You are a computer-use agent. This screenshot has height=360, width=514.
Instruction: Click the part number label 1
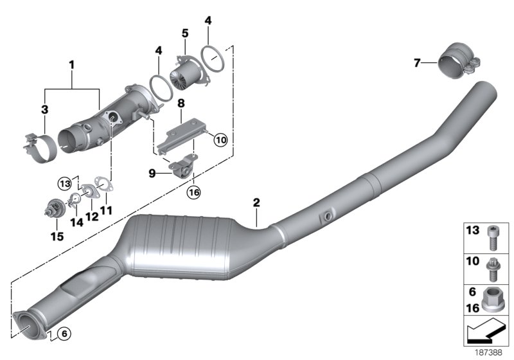tap(72, 65)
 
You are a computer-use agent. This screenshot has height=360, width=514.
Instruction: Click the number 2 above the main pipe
tap(256, 203)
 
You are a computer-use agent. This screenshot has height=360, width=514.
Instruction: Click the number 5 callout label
tap(184, 33)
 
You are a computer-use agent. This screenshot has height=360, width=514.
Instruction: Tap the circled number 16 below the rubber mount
tap(193, 191)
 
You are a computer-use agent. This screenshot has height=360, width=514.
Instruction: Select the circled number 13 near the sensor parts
tap(65, 183)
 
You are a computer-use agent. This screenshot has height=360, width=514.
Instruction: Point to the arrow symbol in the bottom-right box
tap(486, 332)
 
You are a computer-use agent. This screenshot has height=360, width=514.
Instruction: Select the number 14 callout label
tap(76, 223)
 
